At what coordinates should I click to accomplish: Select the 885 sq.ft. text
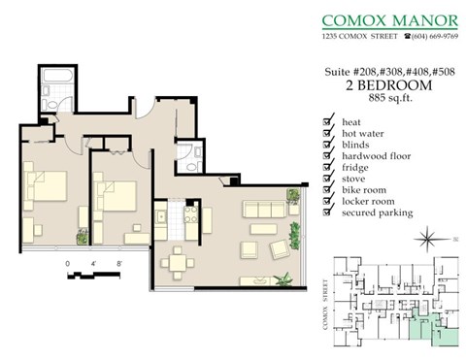[x=387, y=97]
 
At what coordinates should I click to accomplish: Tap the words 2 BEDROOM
[x=387, y=84]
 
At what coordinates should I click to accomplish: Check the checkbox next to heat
[x=325, y=121]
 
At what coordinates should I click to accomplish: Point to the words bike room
[x=364, y=190]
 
